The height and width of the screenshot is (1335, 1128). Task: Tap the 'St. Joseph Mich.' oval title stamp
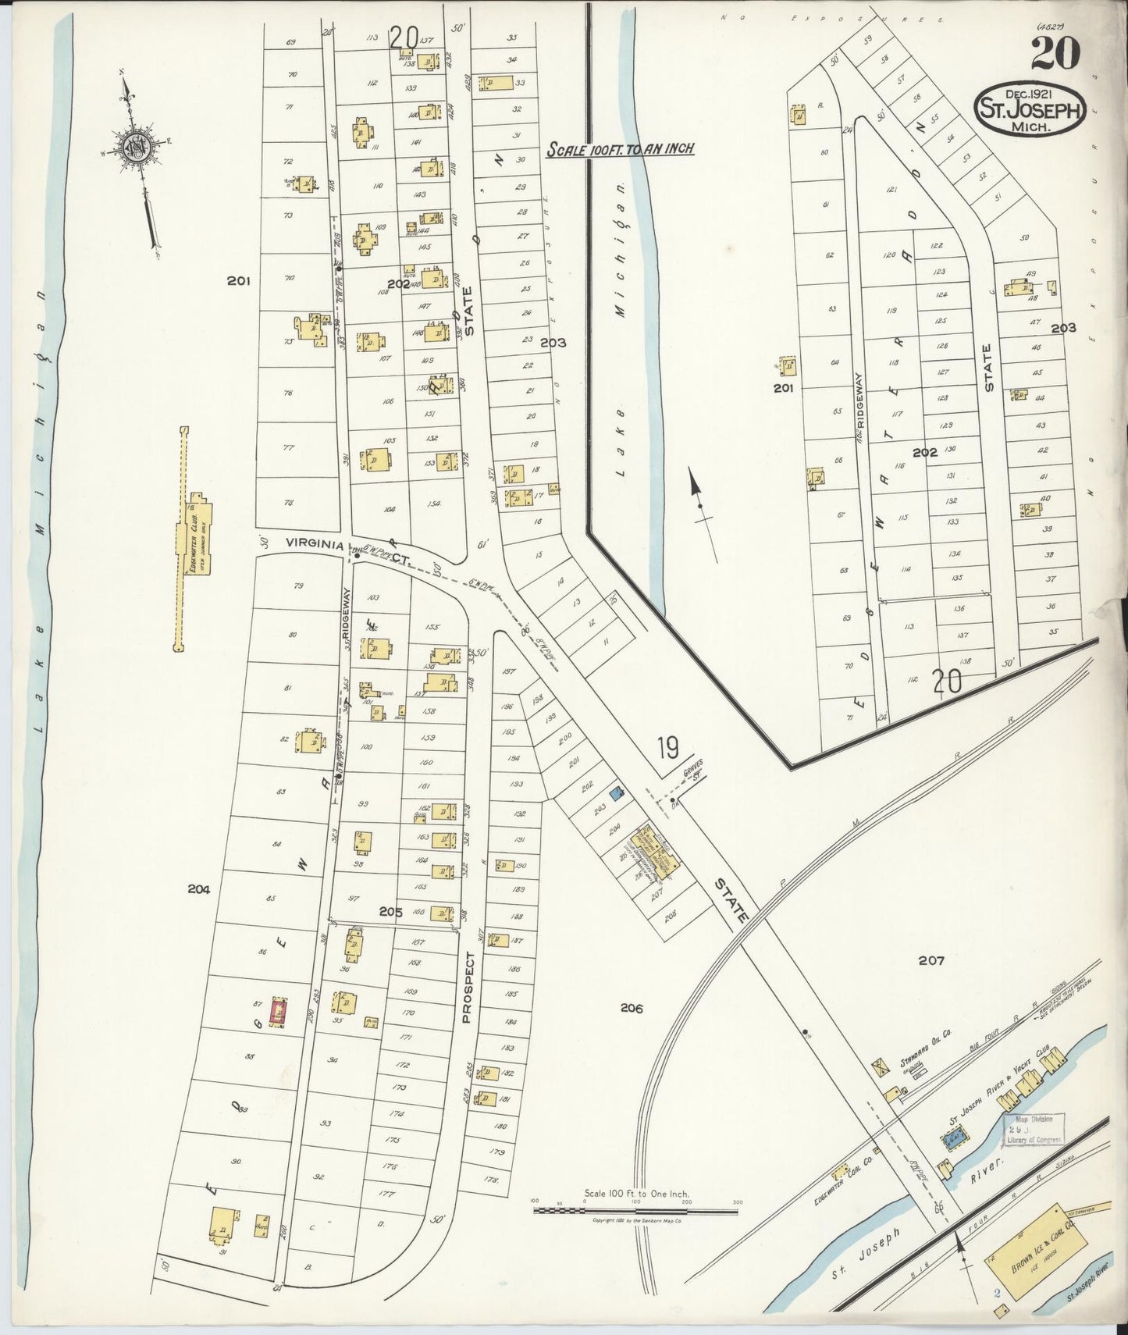(x=1029, y=110)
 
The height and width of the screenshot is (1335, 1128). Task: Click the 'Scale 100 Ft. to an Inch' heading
(x=620, y=148)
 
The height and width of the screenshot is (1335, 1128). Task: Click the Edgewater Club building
(x=192, y=536)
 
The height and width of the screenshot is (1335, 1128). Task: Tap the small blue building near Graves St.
(x=617, y=794)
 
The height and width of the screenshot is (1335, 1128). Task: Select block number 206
(x=631, y=1009)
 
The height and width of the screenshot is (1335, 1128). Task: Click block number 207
(x=931, y=960)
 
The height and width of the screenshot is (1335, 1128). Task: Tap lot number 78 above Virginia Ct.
(x=289, y=504)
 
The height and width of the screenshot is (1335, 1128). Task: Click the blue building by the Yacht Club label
(x=953, y=1141)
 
